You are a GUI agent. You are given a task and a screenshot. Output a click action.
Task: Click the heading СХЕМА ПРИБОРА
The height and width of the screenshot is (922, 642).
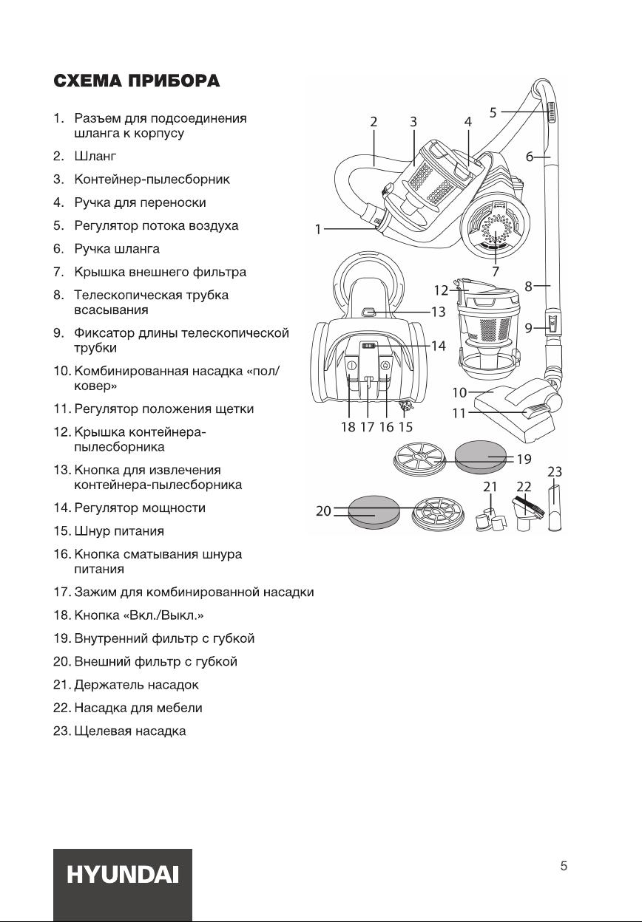136,81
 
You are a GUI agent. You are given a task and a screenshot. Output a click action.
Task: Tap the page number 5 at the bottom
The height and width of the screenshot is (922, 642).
564,867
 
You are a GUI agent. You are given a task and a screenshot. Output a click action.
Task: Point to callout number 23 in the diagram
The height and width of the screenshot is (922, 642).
555,471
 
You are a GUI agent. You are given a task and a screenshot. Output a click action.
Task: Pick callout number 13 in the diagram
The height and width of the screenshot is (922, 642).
439,312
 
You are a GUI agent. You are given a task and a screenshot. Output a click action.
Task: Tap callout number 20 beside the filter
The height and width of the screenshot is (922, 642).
323,510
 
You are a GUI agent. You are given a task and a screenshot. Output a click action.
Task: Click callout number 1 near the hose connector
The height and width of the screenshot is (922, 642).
318,230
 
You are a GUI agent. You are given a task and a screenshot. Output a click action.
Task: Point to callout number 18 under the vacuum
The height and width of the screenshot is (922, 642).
348,426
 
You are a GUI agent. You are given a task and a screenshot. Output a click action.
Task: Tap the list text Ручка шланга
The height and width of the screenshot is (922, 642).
117,248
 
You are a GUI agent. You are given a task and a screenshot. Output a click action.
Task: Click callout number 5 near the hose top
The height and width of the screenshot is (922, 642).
493,112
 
